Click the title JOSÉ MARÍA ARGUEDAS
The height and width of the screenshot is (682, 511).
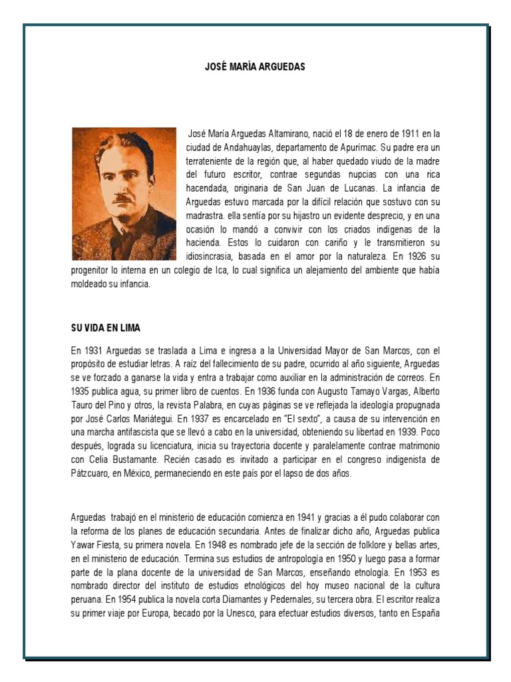pyautogui.click(x=255, y=67)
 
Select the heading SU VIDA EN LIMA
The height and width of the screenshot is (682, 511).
pyautogui.click(x=106, y=329)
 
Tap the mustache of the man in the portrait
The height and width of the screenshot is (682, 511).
pyautogui.click(x=121, y=198)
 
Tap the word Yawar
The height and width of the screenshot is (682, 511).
pyautogui.click(x=85, y=545)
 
